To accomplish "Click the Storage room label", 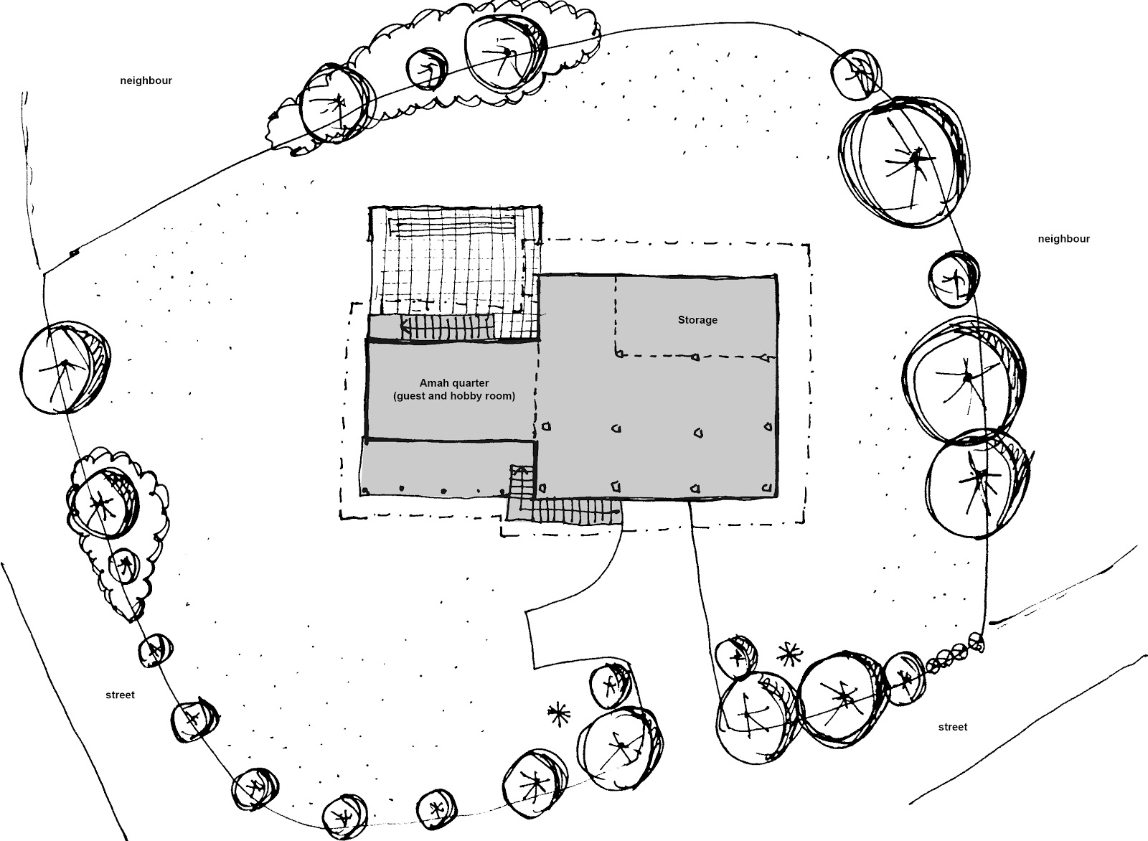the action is pos(697,320).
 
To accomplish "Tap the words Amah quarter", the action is pos(454,383).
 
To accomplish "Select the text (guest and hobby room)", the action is pos(454,396).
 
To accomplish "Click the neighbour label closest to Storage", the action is pos(1064,239).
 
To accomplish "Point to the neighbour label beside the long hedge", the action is pos(146,80).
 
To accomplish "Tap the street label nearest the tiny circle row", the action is pos(953,727).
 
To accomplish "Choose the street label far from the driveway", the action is pos(120,695).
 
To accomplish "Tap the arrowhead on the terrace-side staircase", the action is pos(405,326).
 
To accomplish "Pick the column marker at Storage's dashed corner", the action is pos(620,354).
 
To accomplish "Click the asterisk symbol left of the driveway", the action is pos(559,714).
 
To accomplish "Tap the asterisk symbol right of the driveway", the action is pos(790,654).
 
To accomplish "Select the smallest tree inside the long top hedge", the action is pos(426,69).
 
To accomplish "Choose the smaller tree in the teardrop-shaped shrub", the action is pos(123,565).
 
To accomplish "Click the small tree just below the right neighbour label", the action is pos(954,279).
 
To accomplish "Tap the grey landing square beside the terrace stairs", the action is pos(385,327).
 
